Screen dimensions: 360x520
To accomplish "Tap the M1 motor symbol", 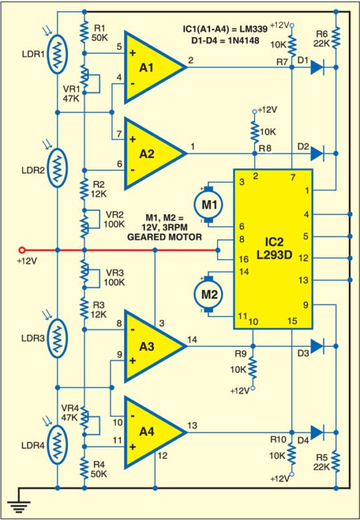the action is [208, 205].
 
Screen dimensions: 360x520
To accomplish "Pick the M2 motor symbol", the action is [208, 294].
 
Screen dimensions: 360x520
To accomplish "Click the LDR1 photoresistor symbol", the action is [58, 54].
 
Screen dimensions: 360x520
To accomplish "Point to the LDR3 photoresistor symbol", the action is [58, 338].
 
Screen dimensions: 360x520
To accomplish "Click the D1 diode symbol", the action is [317, 68].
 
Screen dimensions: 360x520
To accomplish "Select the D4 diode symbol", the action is [317, 432].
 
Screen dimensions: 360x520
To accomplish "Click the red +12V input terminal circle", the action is [22, 250].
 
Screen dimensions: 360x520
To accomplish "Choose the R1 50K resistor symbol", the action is [84, 31].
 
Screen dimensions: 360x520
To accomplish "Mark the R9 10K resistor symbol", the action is [253, 367].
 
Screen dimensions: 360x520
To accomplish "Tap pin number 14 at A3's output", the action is [192, 339].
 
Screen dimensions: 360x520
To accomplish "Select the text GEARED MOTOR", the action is [164, 237].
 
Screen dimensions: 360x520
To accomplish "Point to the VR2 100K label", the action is [114, 219].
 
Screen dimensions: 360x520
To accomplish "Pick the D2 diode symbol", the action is [317, 153].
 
